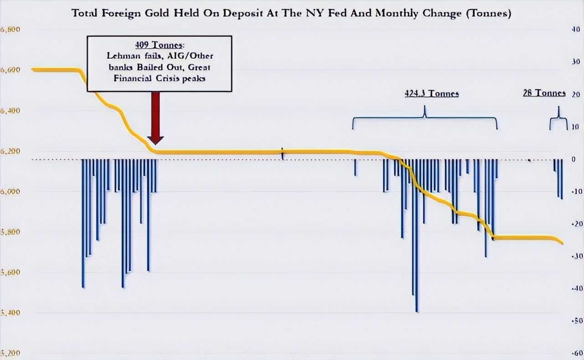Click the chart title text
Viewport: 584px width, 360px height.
click(292, 13)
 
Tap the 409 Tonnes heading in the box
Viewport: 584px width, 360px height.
click(159, 45)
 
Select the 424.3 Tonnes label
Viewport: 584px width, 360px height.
click(431, 94)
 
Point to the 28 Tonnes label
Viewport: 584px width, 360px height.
click(544, 93)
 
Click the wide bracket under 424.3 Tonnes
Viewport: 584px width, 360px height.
click(425, 118)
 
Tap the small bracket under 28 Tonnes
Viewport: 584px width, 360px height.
click(558, 119)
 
